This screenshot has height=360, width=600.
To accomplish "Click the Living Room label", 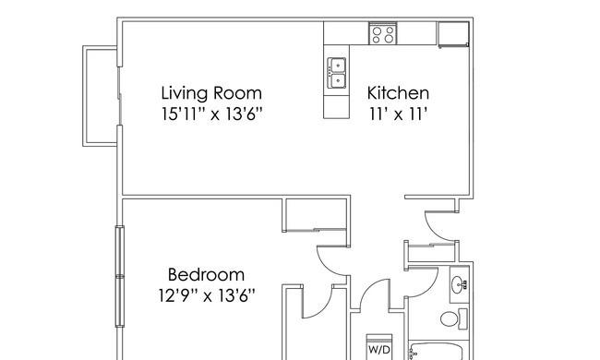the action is (x=211, y=93).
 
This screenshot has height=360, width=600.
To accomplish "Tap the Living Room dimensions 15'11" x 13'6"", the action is (x=212, y=114).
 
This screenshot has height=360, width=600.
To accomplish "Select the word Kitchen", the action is (x=398, y=93).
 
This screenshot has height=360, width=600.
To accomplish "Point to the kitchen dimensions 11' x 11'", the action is (x=398, y=114).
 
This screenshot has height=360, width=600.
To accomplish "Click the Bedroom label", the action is (x=206, y=275).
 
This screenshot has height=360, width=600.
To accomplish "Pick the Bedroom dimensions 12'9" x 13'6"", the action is (x=207, y=295).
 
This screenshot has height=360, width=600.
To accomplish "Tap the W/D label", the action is (x=379, y=349).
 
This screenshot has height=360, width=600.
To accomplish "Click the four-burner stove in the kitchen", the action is (x=383, y=33).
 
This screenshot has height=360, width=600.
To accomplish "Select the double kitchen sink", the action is (x=337, y=73).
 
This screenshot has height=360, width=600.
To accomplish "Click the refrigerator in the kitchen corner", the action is (x=453, y=34).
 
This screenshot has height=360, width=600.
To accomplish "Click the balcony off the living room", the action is (x=101, y=96).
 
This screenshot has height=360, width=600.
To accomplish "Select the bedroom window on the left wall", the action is (x=120, y=276).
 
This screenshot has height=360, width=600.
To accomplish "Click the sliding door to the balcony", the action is (x=120, y=96).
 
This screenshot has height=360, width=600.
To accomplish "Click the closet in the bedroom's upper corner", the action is (x=315, y=215).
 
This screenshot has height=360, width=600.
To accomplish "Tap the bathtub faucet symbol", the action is (x=413, y=354).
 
